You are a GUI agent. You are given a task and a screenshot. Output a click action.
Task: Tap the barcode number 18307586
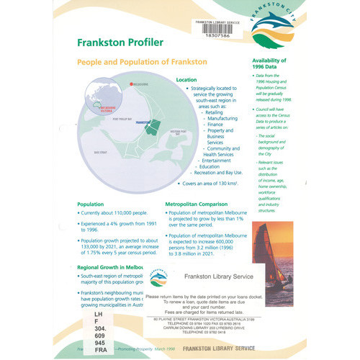[x=210, y=34]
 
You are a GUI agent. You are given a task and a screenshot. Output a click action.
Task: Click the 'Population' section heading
[x=91, y=204]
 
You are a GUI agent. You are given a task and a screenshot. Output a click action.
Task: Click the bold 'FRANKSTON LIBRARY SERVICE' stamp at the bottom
[x=219, y=348]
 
